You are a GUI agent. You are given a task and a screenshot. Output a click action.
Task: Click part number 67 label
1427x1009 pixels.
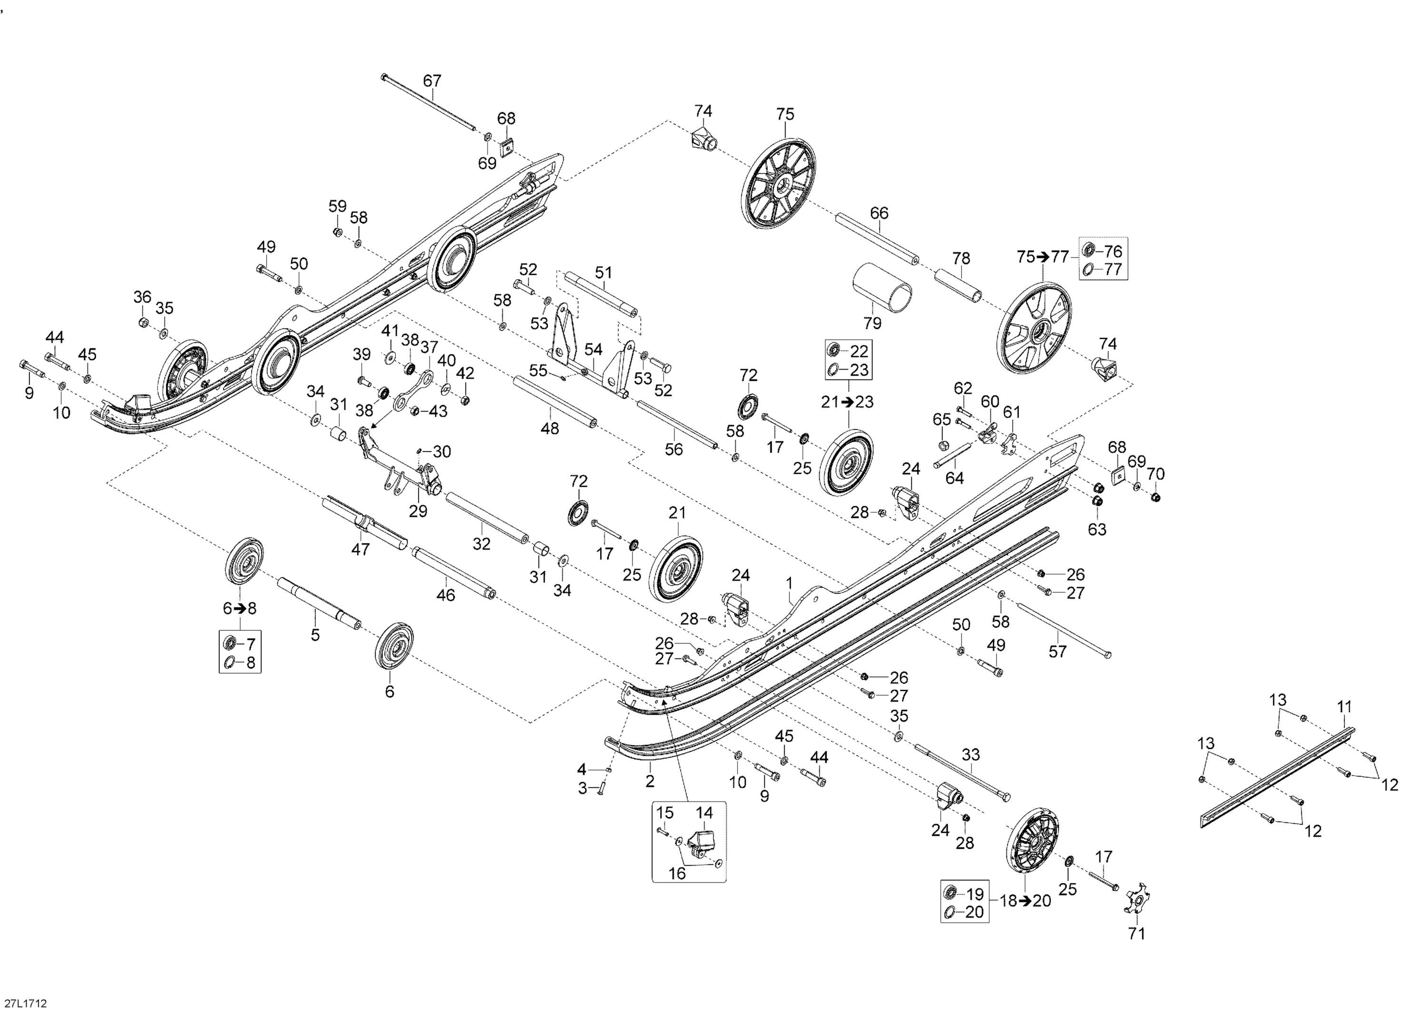[x=432, y=81]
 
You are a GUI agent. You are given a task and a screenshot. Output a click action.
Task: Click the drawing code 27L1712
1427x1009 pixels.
[x=24, y=1003]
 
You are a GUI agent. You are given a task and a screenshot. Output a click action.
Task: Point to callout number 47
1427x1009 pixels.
[x=361, y=549]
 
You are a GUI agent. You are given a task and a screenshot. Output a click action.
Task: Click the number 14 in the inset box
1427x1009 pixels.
[x=704, y=813]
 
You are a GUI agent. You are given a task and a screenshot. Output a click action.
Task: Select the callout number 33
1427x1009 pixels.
[x=970, y=755]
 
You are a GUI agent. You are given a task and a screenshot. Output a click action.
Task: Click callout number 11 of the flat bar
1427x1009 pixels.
[x=1344, y=707]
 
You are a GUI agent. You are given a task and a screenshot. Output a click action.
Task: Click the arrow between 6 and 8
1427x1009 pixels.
[x=240, y=608]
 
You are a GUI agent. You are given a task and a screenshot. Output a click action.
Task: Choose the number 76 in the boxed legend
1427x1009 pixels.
[x=1113, y=251]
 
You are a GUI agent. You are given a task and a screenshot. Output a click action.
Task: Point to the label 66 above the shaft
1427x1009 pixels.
[x=879, y=213]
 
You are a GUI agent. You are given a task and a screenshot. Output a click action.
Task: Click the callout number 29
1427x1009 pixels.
[x=418, y=511]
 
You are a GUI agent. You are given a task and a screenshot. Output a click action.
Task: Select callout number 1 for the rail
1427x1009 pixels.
[x=789, y=583]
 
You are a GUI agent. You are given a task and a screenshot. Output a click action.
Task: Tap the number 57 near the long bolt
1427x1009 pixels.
[x=1057, y=652]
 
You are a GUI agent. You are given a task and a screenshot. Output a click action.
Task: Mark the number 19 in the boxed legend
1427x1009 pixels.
[x=975, y=894]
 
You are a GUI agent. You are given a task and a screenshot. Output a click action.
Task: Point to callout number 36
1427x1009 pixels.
[x=142, y=297]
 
